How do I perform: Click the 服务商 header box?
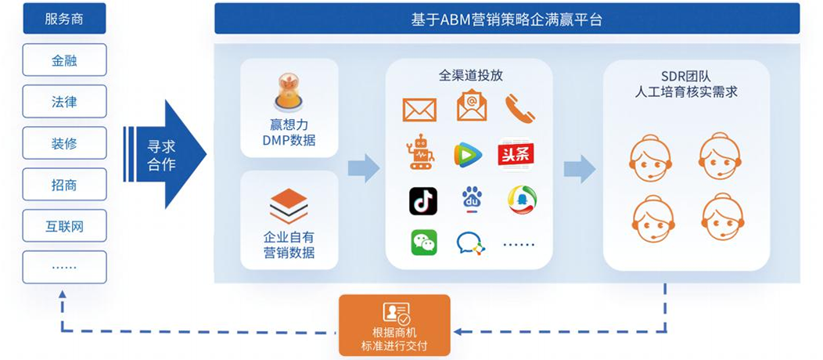[64, 19]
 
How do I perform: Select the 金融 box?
[64, 60]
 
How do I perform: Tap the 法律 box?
[64, 102]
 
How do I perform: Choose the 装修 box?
[64, 143]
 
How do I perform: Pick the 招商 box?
[64, 185]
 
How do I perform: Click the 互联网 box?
[64, 227]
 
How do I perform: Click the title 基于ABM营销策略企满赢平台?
[507, 20]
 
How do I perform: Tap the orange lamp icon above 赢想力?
[289, 92]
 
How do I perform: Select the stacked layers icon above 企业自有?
[289, 206]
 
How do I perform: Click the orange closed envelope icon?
[419, 110]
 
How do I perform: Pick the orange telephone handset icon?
[519, 109]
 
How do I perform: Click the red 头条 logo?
[516, 153]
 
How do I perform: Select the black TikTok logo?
[423, 201]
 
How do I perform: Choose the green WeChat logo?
[424, 243]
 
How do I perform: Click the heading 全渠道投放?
[470, 76]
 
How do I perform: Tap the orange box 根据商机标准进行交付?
[394, 325]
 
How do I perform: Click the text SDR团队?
[686, 76]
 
